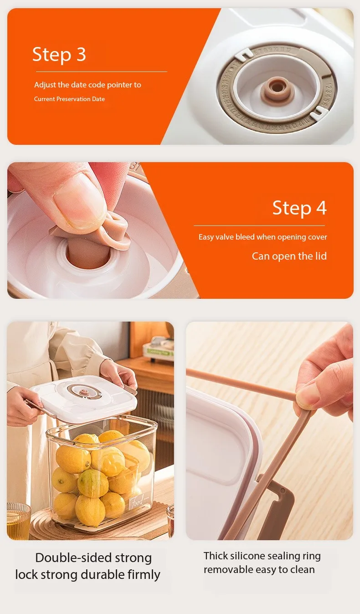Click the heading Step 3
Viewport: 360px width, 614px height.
[x=59, y=55]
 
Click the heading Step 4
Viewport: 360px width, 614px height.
[x=299, y=208]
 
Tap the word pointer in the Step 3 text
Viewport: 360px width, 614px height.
[x=119, y=85]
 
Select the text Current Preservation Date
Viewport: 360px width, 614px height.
[x=69, y=99]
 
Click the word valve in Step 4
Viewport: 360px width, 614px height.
[x=224, y=237]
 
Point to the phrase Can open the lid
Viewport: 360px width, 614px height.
[x=289, y=256]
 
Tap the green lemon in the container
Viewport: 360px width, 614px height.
[x=93, y=483]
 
